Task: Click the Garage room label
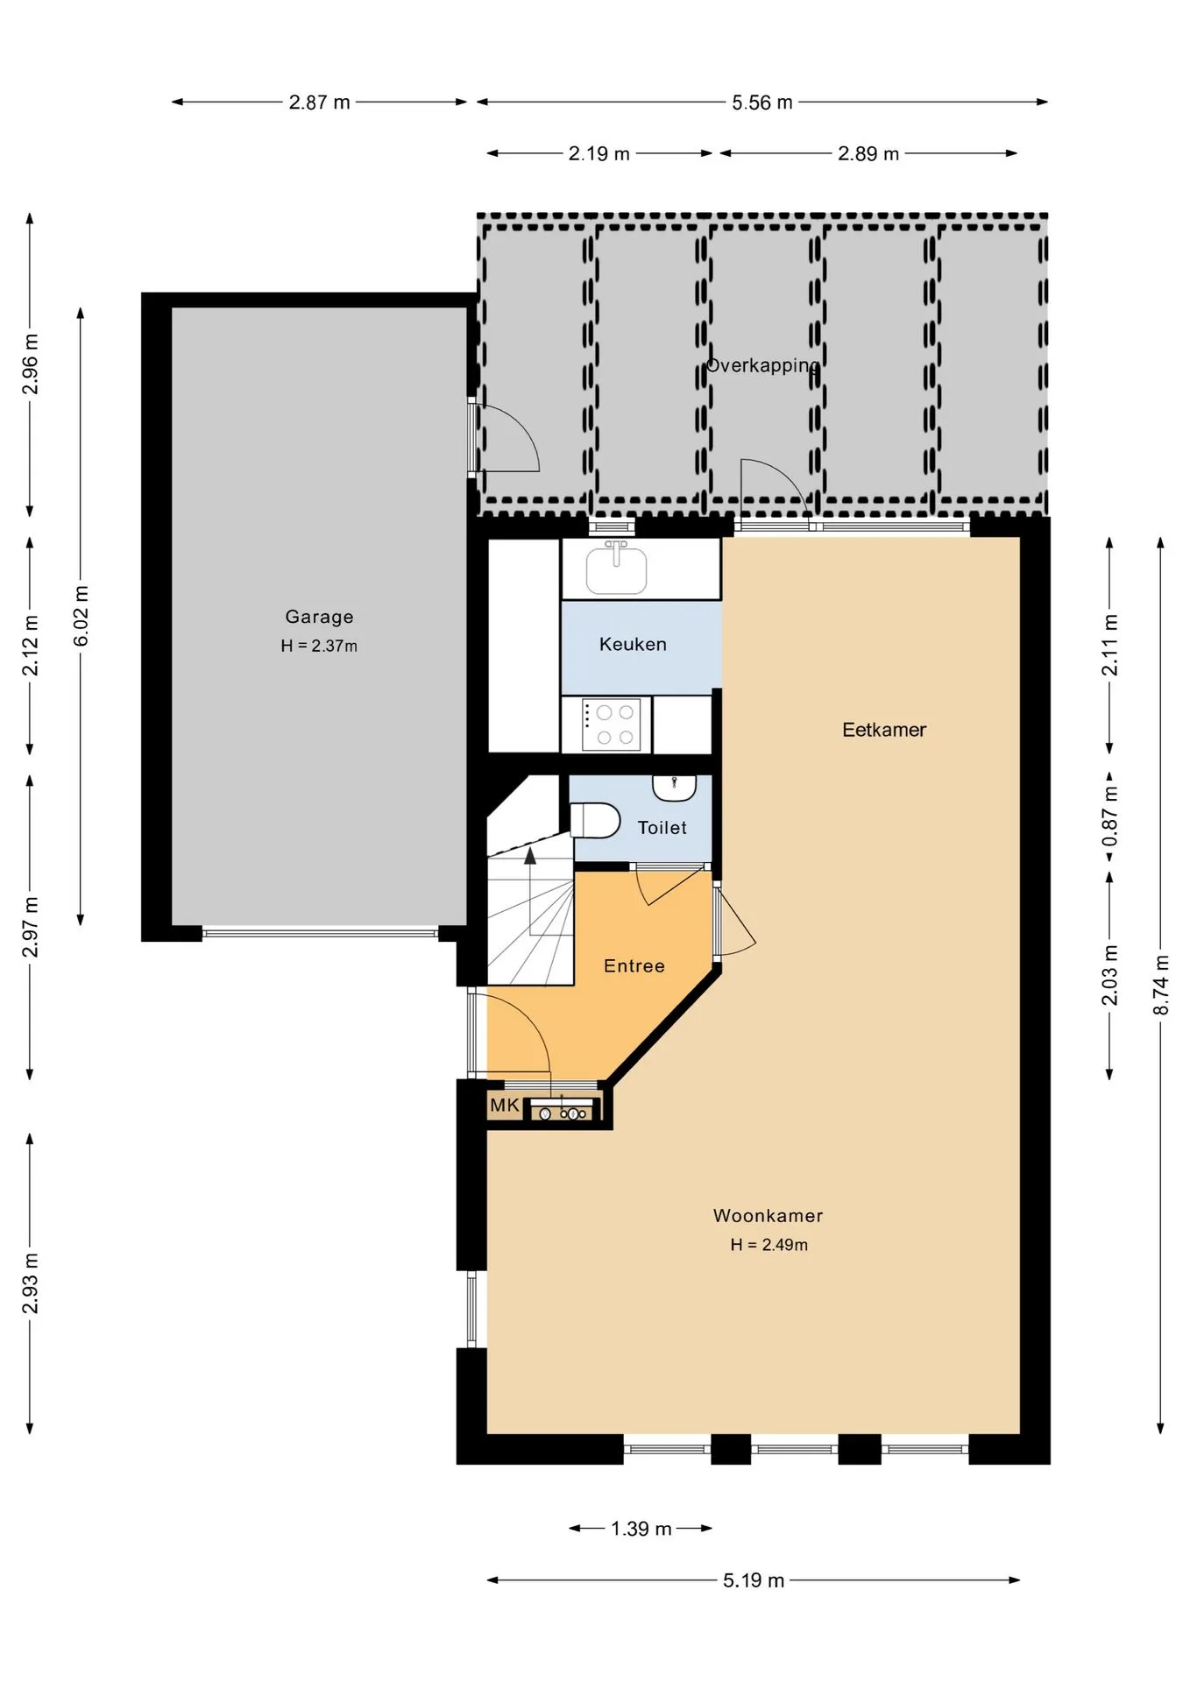[319, 617]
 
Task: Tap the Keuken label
[633, 645]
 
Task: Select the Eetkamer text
[884, 730]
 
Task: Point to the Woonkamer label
[769, 1216]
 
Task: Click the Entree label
[634, 966]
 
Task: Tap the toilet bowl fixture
[595, 821]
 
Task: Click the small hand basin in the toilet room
[674, 788]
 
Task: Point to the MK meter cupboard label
[505, 1106]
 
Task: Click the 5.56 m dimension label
[762, 102]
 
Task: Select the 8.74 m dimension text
[1161, 986]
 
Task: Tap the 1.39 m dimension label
[641, 1529]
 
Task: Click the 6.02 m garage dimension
[81, 617]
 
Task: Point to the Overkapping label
[763, 365]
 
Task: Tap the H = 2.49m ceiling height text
[769, 1245]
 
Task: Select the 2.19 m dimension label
[599, 154]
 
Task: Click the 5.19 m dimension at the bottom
[754, 1580]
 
